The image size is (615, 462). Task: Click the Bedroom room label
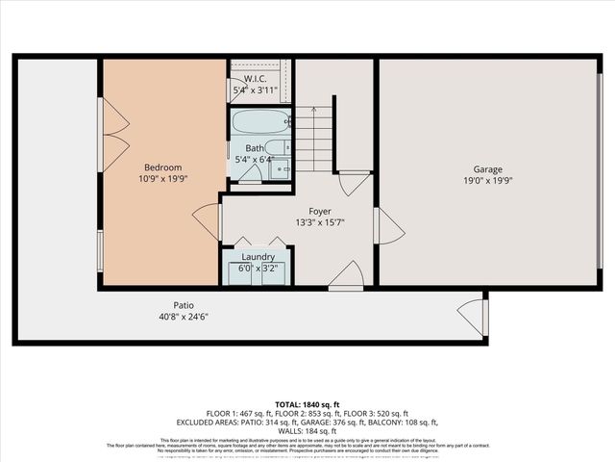coord(162,167)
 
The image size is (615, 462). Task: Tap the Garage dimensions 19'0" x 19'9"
coord(488,179)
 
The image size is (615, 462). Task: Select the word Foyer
coord(320,211)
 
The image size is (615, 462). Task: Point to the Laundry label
coord(258,257)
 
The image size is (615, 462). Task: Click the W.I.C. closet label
coord(256,79)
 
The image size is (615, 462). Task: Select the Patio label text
coord(172,303)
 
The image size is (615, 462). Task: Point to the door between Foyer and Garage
coord(387,226)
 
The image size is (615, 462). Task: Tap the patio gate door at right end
coord(472,316)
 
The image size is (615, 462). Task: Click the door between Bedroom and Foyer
coord(209,221)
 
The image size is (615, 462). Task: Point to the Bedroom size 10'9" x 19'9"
coord(162,179)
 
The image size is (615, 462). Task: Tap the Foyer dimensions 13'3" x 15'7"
coord(320,222)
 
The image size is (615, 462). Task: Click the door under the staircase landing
coord(354,183)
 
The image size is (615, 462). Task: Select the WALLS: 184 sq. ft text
coord(307,430)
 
